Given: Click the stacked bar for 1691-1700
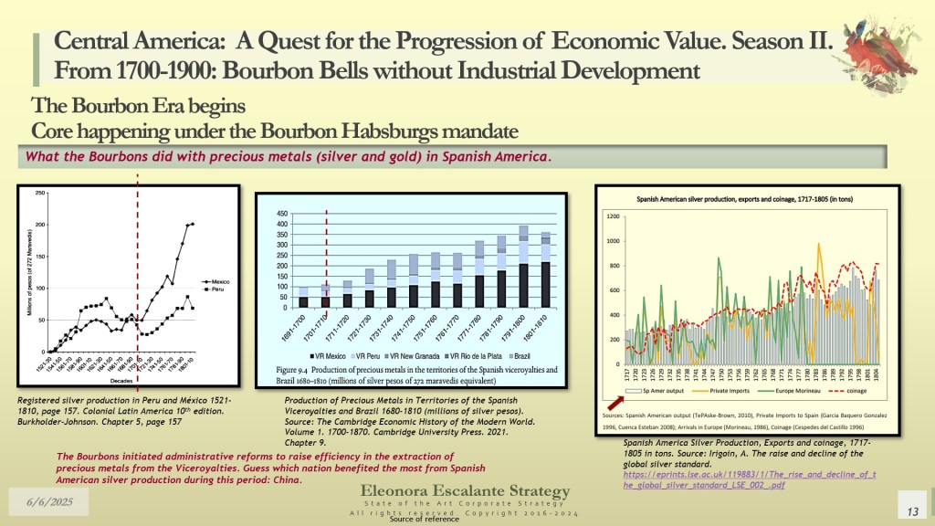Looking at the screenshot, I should click(303, 297).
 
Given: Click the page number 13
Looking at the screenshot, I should click(909, 508).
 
